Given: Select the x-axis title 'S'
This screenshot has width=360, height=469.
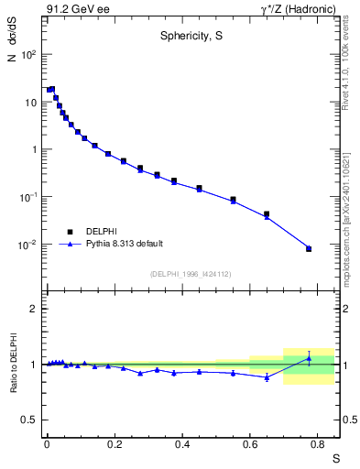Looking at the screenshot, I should point(335,458).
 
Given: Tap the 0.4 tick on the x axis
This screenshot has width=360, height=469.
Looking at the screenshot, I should point(183,445).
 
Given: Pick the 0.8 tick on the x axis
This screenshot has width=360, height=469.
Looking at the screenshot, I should point(319,445).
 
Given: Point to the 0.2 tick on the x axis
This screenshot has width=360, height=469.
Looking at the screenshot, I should point(115,445).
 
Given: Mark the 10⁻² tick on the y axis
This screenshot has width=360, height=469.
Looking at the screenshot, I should point(27,245).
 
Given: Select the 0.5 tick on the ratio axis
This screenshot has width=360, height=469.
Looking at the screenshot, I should point(29,420).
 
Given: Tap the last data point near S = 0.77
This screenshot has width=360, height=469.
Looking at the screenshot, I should point(309,248).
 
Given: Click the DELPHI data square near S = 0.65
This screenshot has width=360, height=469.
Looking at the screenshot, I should point(267,214).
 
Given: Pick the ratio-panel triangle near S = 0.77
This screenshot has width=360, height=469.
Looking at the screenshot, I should point(309,358).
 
